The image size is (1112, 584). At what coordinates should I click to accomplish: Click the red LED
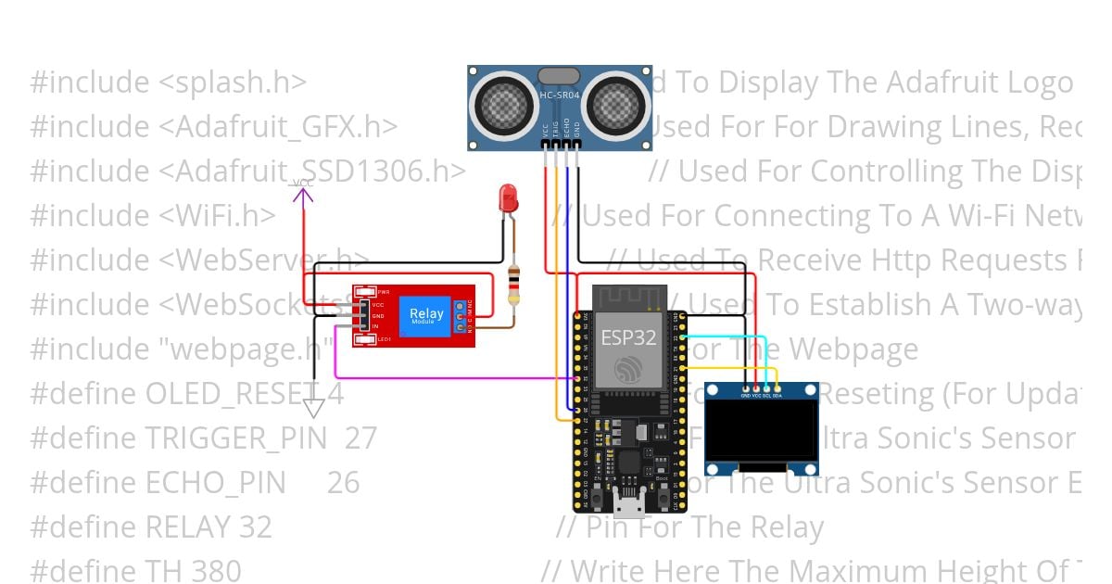[x=507, y=197]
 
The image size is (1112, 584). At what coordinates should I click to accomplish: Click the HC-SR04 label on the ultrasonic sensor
[x=559, y=95]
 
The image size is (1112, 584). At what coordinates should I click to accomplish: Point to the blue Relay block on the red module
[x=426, y=316]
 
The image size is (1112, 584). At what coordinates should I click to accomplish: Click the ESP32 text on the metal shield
[x=629, y=337]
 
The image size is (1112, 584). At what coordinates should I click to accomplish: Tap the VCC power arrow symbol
[x=303, y=192]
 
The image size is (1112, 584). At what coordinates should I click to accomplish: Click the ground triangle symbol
[x=314, y=408]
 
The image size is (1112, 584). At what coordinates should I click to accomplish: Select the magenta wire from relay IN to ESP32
[x=445, y=378]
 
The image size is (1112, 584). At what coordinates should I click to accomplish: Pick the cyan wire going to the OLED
[x=732, y=337]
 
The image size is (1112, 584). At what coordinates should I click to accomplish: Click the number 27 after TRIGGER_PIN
[x=360, y=438]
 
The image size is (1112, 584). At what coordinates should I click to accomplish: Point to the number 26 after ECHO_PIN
[x=343, y=483]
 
